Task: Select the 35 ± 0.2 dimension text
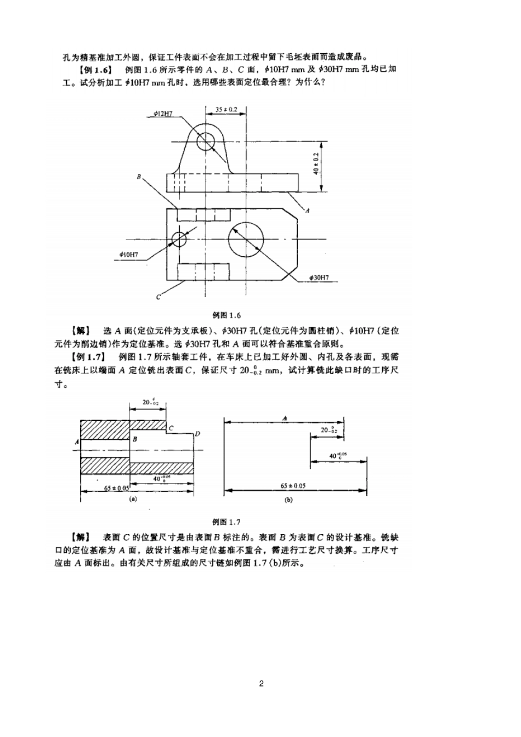coord(226,110)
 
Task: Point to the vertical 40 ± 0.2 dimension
coord(316,163)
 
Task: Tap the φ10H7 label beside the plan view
coord(128,254)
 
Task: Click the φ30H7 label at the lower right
coord(319,278)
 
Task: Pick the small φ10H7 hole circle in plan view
coord(179,239)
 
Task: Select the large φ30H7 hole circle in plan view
coord(246,239)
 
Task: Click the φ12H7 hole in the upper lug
coord(207,139)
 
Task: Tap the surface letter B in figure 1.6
coord(139,177)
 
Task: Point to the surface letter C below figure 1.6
coord(158,297)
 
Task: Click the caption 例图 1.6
coord(226,315)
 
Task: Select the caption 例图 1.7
coord(226,522)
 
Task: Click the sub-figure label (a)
coord(132,500)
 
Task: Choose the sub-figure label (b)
coord(288,500)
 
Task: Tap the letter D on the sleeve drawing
coord(197,434)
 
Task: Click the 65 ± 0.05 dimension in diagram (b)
coord(293,485)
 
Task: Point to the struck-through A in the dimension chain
coord(285,418)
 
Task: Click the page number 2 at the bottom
coord(261,683)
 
